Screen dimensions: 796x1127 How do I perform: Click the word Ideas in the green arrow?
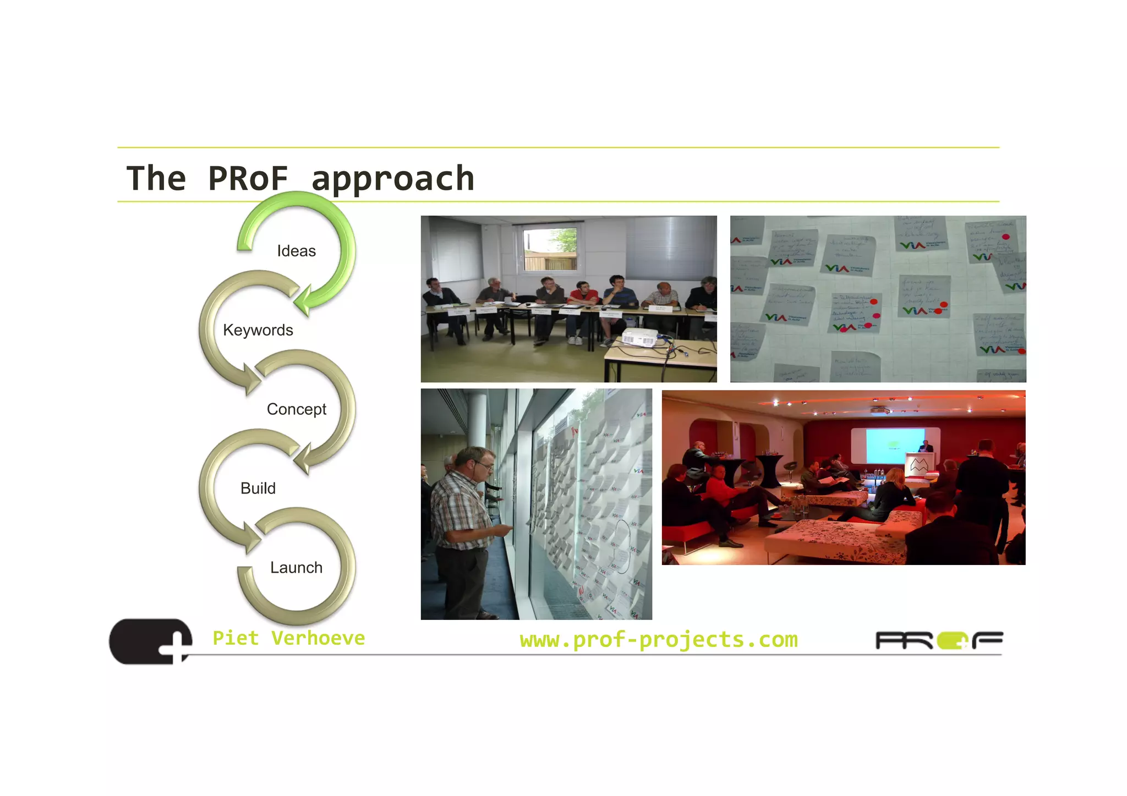tap(296, 251)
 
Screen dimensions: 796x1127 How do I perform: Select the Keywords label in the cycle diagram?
tap(258, 330)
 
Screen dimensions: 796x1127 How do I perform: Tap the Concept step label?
tap(296, 409)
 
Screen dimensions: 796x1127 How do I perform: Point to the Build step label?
tap(258, 488)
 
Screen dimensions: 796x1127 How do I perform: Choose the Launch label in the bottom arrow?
tap(296, 568)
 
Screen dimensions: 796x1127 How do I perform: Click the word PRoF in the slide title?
tap(248, 178)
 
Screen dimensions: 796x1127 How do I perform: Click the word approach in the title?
tap(392, 179)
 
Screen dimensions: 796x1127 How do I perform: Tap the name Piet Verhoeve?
tap(288, 638)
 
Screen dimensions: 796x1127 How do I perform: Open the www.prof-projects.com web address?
tap(658, 640)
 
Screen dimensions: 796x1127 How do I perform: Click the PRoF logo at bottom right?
tap(939, 641)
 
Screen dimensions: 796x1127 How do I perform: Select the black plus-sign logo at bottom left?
tap(151, 641)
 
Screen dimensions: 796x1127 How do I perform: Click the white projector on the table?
tap(640, 337)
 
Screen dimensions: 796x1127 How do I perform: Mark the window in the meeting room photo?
tap(550, 249)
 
